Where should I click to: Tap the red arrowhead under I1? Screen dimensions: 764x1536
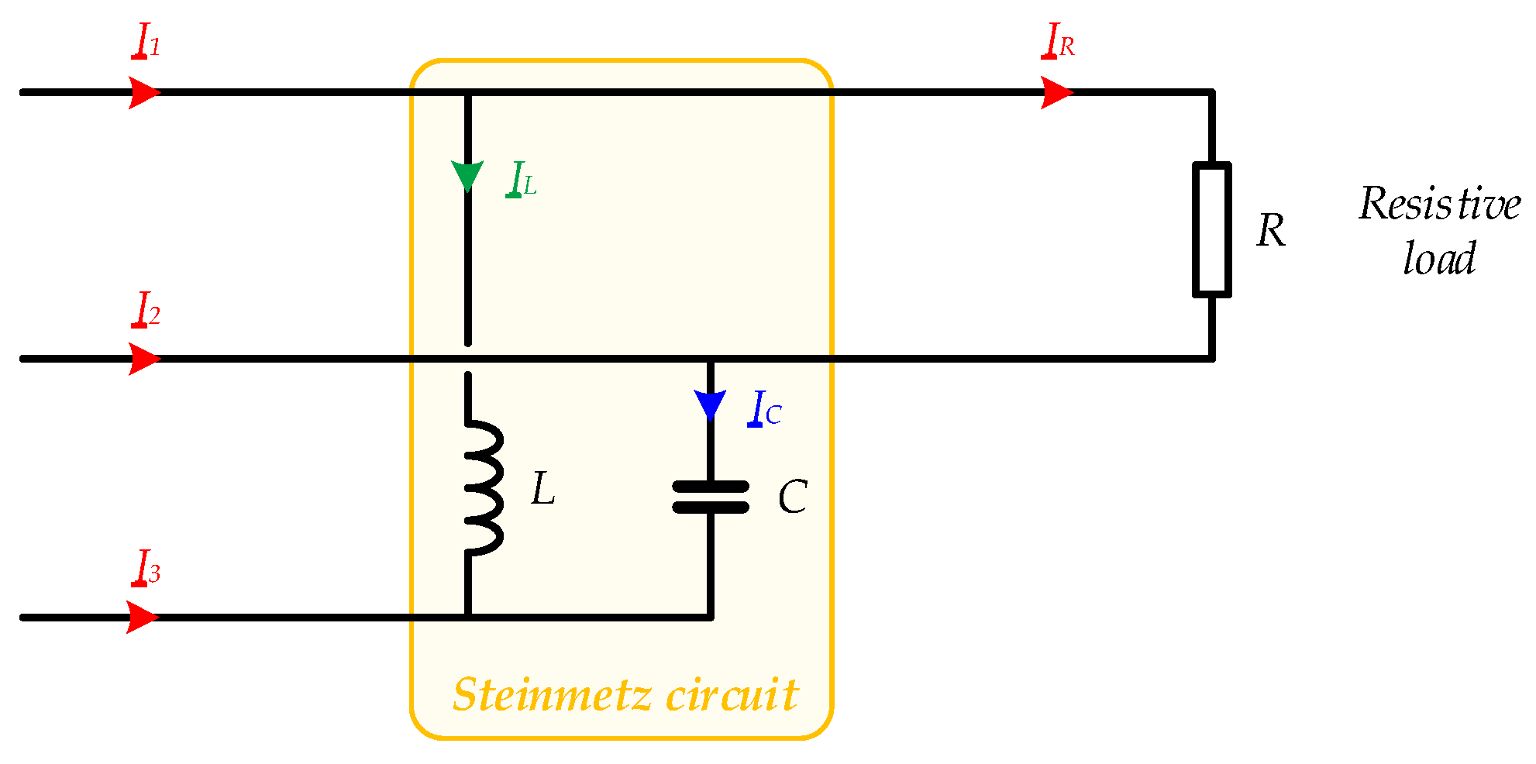[143, 92]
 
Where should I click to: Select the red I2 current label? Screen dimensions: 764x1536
[146, 309]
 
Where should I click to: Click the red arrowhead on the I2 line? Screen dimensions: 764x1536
[143, 359]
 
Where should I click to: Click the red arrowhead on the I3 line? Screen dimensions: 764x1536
[142, 618]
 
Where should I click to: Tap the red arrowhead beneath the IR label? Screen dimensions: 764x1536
[1055, 92]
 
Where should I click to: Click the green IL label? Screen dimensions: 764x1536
[521, 180]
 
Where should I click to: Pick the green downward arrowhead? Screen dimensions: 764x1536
[467, 175]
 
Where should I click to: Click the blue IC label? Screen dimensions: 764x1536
[764, 409]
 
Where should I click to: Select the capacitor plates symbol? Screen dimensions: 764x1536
[710, 497]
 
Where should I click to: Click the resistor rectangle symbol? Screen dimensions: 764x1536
[1211, 229]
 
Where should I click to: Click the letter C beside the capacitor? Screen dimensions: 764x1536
[792, 497]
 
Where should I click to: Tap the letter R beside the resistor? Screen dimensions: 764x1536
[1271, 231]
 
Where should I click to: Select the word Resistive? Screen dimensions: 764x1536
[1439, 205]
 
